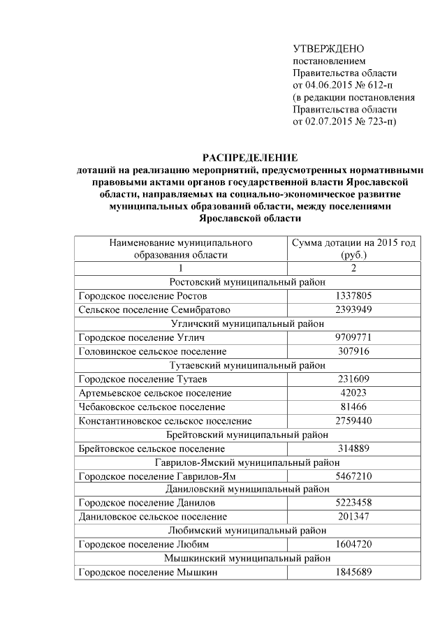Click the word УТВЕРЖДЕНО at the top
pos(328,49)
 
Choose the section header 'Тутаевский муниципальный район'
pos(248,365)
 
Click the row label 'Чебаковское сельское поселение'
pos(152,406)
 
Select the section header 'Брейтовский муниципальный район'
pos(248,434)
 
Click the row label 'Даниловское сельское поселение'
pos(153,517)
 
